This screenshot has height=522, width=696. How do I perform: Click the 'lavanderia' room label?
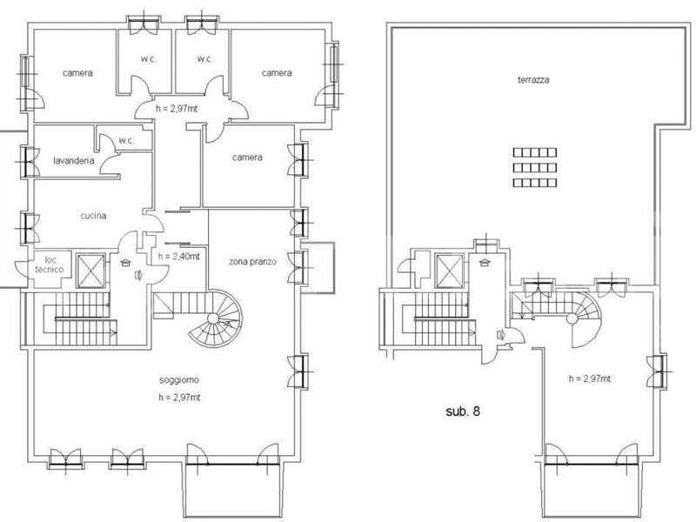(x=74, y=161)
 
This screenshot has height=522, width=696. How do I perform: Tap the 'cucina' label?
(x=93, y=216)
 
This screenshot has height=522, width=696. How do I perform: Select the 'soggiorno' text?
(x=179, y=380)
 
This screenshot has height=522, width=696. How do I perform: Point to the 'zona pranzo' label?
(x=252, y=262)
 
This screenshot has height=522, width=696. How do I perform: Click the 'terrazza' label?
(x=533, y=80)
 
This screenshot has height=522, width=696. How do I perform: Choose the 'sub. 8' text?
(x=463, y=412)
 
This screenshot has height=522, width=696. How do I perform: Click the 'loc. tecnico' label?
(x=50, y=264)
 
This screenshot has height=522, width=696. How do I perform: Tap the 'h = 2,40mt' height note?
(x=179, y=256)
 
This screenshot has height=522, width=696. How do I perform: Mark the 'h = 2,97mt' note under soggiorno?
(x=179, y=398)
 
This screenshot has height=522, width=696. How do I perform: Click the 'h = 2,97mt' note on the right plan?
(x=590, y=378)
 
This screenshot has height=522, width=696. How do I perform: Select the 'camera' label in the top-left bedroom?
(x=77, y=73)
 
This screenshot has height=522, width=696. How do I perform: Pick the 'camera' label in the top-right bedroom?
(x=277, y=73)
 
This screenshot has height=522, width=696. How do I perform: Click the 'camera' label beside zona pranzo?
(x=247, y=157)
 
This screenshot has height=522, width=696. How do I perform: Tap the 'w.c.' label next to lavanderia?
(x=126, y=141)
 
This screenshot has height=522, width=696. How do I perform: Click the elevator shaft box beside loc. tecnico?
(x=91, y=271)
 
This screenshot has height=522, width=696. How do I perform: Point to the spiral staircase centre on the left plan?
(x=213, y=318)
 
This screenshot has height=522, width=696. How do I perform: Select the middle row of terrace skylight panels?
(x=535, y=168)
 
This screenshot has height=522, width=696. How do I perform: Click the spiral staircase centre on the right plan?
(x=572, y=318)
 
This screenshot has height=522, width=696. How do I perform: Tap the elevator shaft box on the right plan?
(x=449, y=271)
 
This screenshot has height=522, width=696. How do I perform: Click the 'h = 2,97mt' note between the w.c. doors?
(x=177, y=109)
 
